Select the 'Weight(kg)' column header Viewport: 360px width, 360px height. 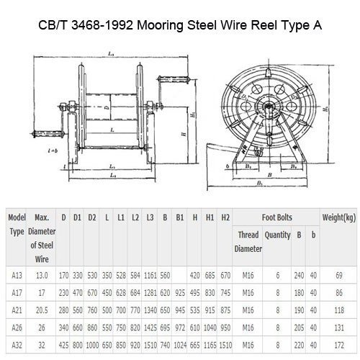[338, 217]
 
